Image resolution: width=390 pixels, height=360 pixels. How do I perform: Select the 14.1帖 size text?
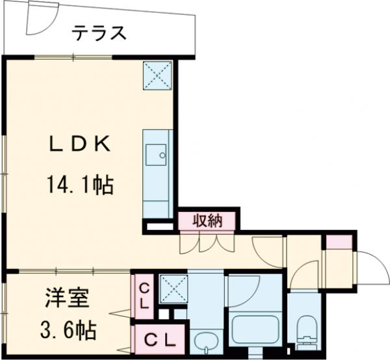81,186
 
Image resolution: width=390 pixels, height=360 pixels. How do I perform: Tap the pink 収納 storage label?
207,220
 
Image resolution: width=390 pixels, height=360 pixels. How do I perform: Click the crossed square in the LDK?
157,75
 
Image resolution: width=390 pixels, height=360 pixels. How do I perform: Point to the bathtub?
254,333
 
